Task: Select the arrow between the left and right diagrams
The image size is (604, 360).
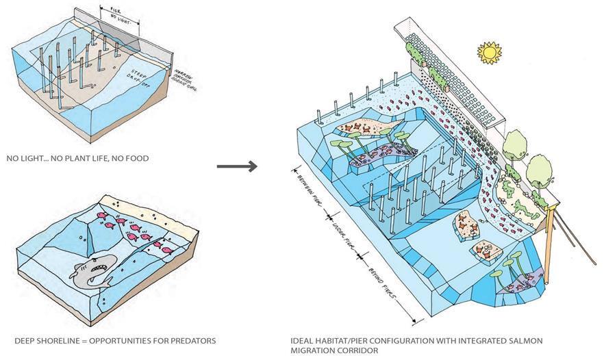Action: (237, 166)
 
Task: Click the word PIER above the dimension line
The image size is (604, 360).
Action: (116, 10)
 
